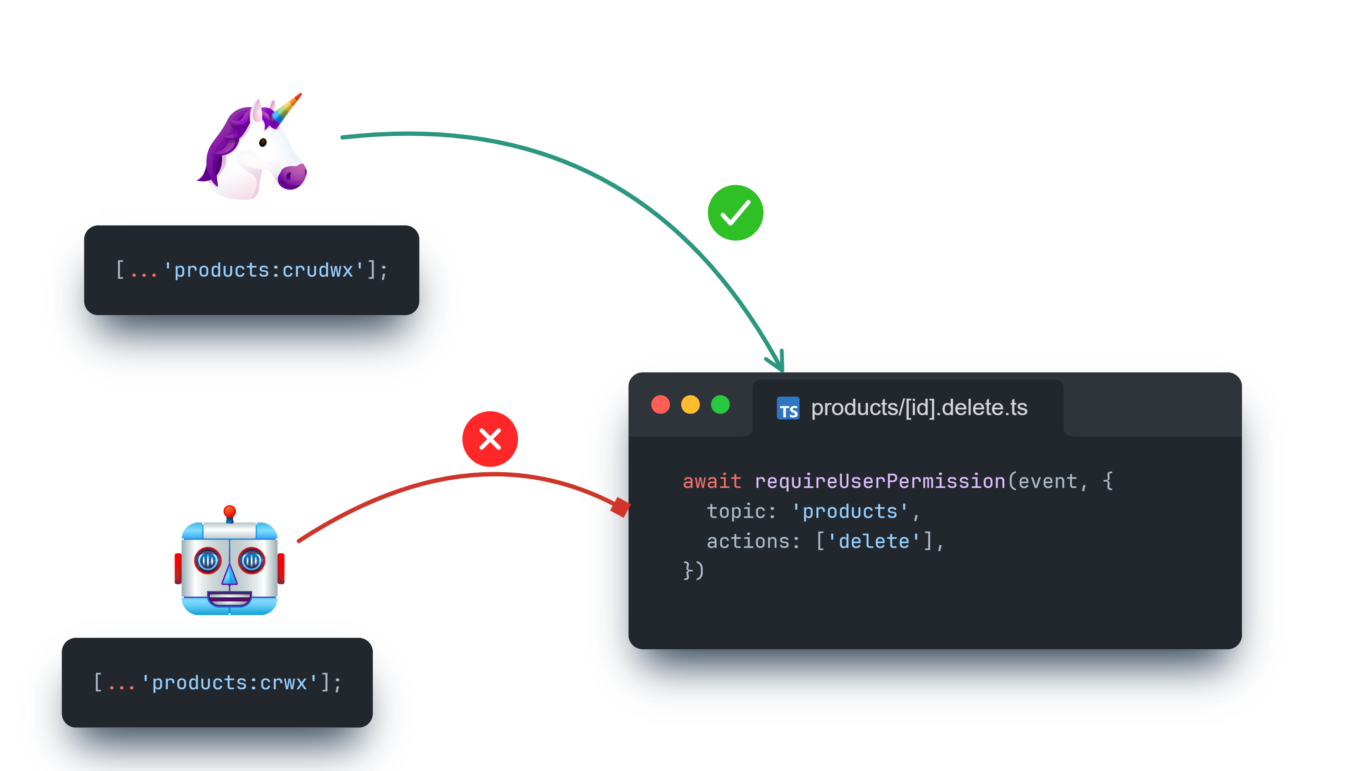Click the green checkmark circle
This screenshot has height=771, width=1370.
coord(736,213)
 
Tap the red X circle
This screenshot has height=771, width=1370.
coord(490,439)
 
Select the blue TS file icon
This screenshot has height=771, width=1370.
coord(788,408)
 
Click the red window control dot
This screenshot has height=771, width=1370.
coord(660,404)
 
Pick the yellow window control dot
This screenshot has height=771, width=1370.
coord(690,404)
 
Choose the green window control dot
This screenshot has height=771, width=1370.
coord(720,404)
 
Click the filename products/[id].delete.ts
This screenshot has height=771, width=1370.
coord(919,408)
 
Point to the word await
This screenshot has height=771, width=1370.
coord(712,481)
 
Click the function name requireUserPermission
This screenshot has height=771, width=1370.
coord(880,481)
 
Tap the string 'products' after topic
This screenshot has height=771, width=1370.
coord(850,512)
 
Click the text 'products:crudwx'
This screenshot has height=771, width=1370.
coord(264,270)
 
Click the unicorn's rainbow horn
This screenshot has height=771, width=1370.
coord(286,110)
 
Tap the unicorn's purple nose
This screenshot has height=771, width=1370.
coord(292,177)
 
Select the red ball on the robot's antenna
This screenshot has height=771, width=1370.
coord(230,512)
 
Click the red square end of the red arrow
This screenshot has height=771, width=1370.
coord(621,507)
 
